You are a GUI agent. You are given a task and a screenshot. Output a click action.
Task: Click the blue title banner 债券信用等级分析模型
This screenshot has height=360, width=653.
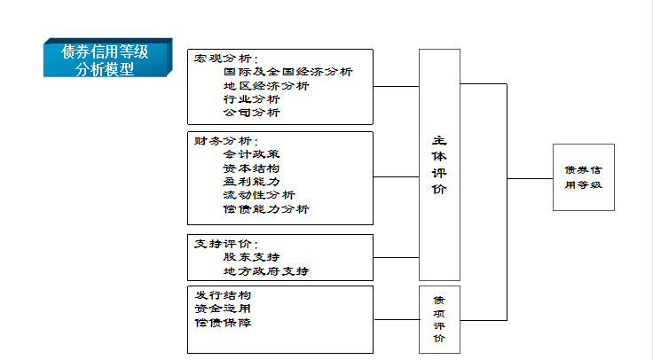(x=106, y=60)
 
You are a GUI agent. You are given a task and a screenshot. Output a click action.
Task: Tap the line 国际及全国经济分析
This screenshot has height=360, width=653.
(x=287, y=72)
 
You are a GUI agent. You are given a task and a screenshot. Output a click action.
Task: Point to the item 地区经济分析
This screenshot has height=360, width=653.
(x=266, y=86)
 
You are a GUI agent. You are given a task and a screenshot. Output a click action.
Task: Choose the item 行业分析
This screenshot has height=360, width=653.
(x=252, y=99)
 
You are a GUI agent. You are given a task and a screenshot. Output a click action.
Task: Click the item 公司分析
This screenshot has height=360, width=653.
(x=252, y=113)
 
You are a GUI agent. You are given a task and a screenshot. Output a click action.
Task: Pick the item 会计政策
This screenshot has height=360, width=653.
(x=252, y=154)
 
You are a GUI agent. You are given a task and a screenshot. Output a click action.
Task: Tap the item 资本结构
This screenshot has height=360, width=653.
(x=252, y=168)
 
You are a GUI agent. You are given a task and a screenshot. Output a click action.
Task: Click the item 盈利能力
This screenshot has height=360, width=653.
(x=252, y=181)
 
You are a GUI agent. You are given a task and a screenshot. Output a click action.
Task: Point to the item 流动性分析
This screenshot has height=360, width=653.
(x=259, y=195)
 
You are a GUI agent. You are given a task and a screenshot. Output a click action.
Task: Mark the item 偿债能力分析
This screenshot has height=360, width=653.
(x=266, y=209)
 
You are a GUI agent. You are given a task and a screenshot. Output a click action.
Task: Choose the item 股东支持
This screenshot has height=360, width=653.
(x=252, y=256)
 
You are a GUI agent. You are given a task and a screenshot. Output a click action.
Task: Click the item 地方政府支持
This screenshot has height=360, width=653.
(x=266, y=270)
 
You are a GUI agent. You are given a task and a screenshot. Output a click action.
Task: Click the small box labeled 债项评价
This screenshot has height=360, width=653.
(x=439, y=319)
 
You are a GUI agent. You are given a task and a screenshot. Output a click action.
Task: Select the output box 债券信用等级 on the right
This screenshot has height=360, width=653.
(x=583, y=176)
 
